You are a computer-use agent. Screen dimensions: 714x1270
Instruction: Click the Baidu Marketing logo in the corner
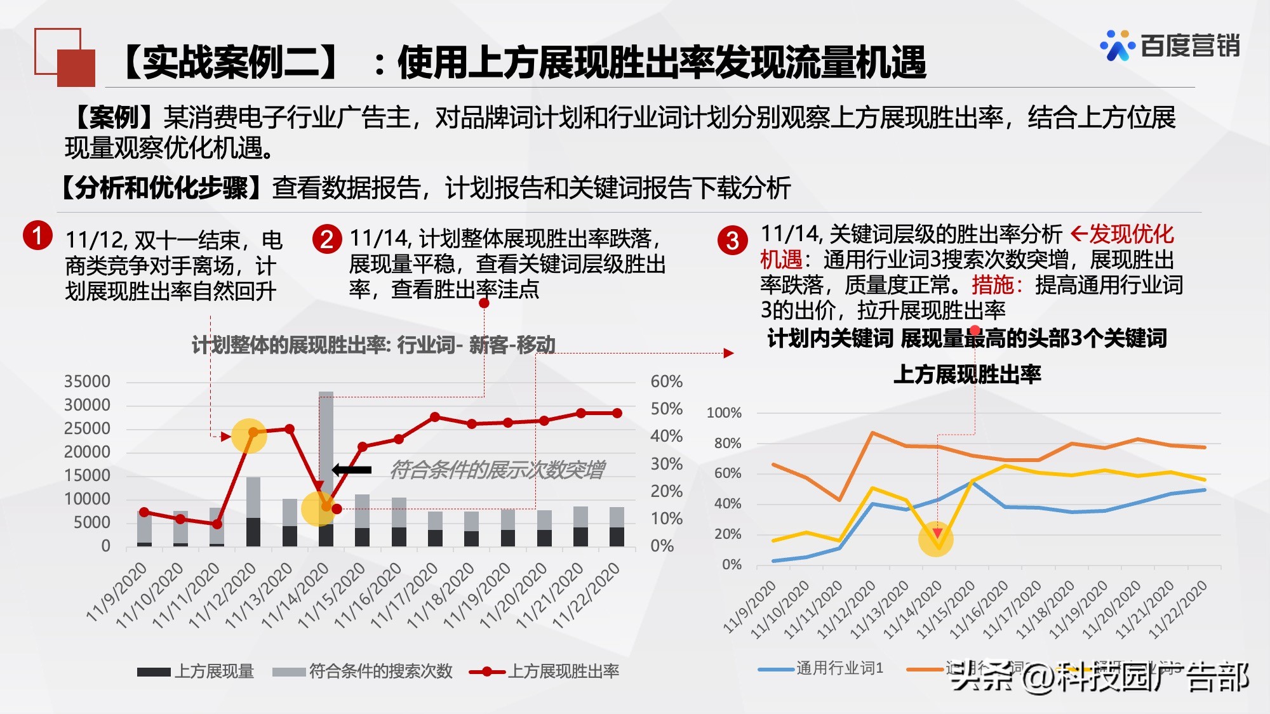(1170, 46)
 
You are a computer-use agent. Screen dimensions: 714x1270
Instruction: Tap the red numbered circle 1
(37, 235)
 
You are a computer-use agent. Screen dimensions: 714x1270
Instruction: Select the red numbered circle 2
(327, 239)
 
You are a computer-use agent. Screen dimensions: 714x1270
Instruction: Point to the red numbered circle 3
(732, 241)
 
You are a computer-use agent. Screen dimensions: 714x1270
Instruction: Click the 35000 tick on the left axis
(87, 381)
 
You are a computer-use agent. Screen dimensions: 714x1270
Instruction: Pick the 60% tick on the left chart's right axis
(666, 381)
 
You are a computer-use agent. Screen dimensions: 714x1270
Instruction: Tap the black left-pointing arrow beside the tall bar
(352, 470)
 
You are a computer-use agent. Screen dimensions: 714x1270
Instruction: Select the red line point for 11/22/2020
(617, 413)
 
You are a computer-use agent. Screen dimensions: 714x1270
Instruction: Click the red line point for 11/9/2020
(144, 512)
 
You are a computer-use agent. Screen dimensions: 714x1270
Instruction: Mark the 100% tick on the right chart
(724, 413)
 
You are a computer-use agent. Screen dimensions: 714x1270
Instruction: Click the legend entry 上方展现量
(196, 671)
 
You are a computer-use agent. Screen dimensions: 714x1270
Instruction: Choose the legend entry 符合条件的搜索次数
(363, 671)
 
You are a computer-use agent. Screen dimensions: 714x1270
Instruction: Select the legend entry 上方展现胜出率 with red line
(544, 671)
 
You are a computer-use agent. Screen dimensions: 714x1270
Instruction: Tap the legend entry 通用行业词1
(821, 668)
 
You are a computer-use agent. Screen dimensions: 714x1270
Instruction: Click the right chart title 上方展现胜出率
(967, 374)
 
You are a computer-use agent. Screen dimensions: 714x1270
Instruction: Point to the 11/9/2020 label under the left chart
(117, 591)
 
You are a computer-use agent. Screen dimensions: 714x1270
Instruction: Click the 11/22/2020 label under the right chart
(1179, 608)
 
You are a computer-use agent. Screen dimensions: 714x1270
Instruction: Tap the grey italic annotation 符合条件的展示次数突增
(497, 470)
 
